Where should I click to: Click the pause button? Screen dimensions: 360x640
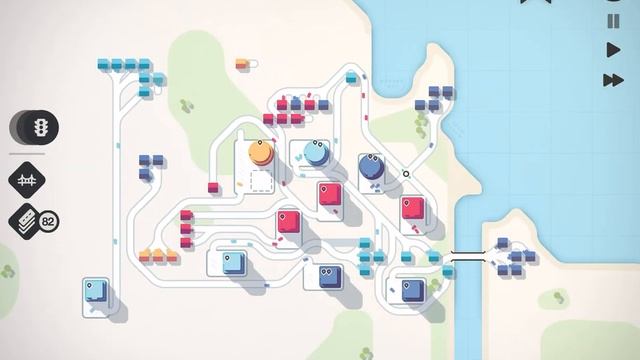tap(613, 21)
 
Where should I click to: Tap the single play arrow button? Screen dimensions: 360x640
tap(613, 49)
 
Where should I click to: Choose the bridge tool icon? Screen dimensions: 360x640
tap(27, 180)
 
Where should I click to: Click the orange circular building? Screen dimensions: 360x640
tap(261, 154)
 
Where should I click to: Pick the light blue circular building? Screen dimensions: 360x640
tap(316, 153)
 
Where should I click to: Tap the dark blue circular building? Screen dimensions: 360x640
tap(370, 162)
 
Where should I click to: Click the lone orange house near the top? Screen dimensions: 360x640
tap(242, 65)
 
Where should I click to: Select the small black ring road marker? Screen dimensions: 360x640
tap(406, 174)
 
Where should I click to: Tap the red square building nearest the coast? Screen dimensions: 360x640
tap(411, 209)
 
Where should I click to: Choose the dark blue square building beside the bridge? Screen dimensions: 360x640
tap(412, 291)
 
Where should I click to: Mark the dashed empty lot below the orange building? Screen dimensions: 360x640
tap(261, 183)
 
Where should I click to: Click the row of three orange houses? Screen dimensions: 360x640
tap(158, 256)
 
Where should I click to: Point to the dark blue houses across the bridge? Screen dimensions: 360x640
tap(512, 257)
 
